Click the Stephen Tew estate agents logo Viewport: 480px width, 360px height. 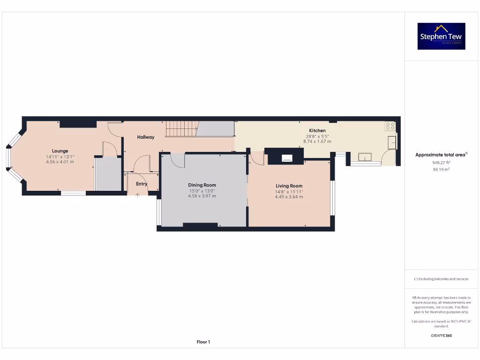[x=441, y=36]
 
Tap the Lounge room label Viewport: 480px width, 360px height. [x=60, y=151]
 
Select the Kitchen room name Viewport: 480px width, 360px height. [x=317, y=130]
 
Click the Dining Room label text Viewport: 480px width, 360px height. [x=202, y=185]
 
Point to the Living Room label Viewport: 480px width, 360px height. [x=289, y=186]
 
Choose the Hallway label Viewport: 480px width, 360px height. [x=146, y=137]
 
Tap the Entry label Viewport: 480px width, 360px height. [x=142, y=184]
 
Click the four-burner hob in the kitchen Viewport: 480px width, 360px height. [x=390, y=126]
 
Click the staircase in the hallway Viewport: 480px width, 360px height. [x=181, y=128]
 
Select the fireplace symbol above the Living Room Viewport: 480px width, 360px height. [x=286, y=158]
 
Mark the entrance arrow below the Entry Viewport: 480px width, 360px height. [x=137, y=194]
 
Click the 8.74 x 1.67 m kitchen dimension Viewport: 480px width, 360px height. [x=317, y=142]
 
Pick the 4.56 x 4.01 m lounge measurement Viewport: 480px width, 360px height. [x=60, y=162]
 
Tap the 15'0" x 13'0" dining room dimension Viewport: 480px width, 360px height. [x=202, y=191]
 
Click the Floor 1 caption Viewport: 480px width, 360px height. [x=203, y=342]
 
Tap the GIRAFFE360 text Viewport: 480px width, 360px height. [x=441, y=336]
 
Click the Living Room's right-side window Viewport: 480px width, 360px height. [x=332, y=197]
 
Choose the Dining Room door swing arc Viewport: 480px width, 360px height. [x=177, y=160]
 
